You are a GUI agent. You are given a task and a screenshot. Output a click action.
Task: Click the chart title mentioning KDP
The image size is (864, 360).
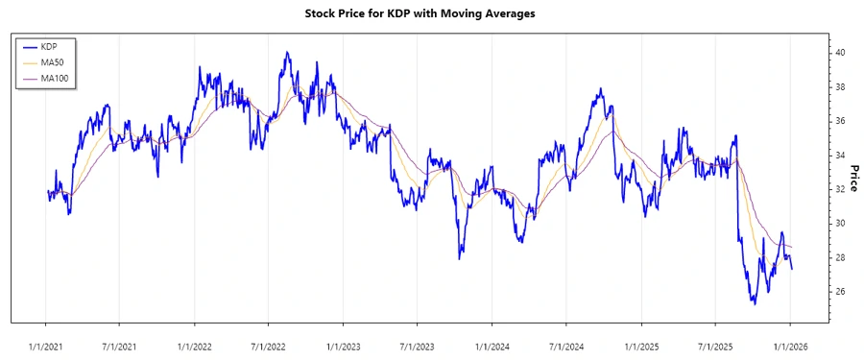point(431,13)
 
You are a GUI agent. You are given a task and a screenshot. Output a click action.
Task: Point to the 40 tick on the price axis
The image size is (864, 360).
point(839,53)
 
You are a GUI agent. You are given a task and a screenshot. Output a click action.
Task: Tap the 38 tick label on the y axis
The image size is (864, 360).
point(839,86)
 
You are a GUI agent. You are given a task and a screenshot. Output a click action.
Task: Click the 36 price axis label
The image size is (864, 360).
point(839,121)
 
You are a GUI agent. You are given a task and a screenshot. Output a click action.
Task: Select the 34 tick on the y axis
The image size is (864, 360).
point(839,155)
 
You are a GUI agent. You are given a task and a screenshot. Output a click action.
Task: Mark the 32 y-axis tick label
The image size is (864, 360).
point(839,189)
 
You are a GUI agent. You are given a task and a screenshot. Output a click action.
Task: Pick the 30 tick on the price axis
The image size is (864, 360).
point(839,223)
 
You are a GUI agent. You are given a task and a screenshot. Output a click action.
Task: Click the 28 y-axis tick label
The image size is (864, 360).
point(839,257)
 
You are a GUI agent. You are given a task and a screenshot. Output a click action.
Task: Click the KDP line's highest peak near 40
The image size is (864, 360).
point(286,53)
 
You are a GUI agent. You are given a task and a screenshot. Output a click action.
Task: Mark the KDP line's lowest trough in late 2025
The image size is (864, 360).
point(754,303)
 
